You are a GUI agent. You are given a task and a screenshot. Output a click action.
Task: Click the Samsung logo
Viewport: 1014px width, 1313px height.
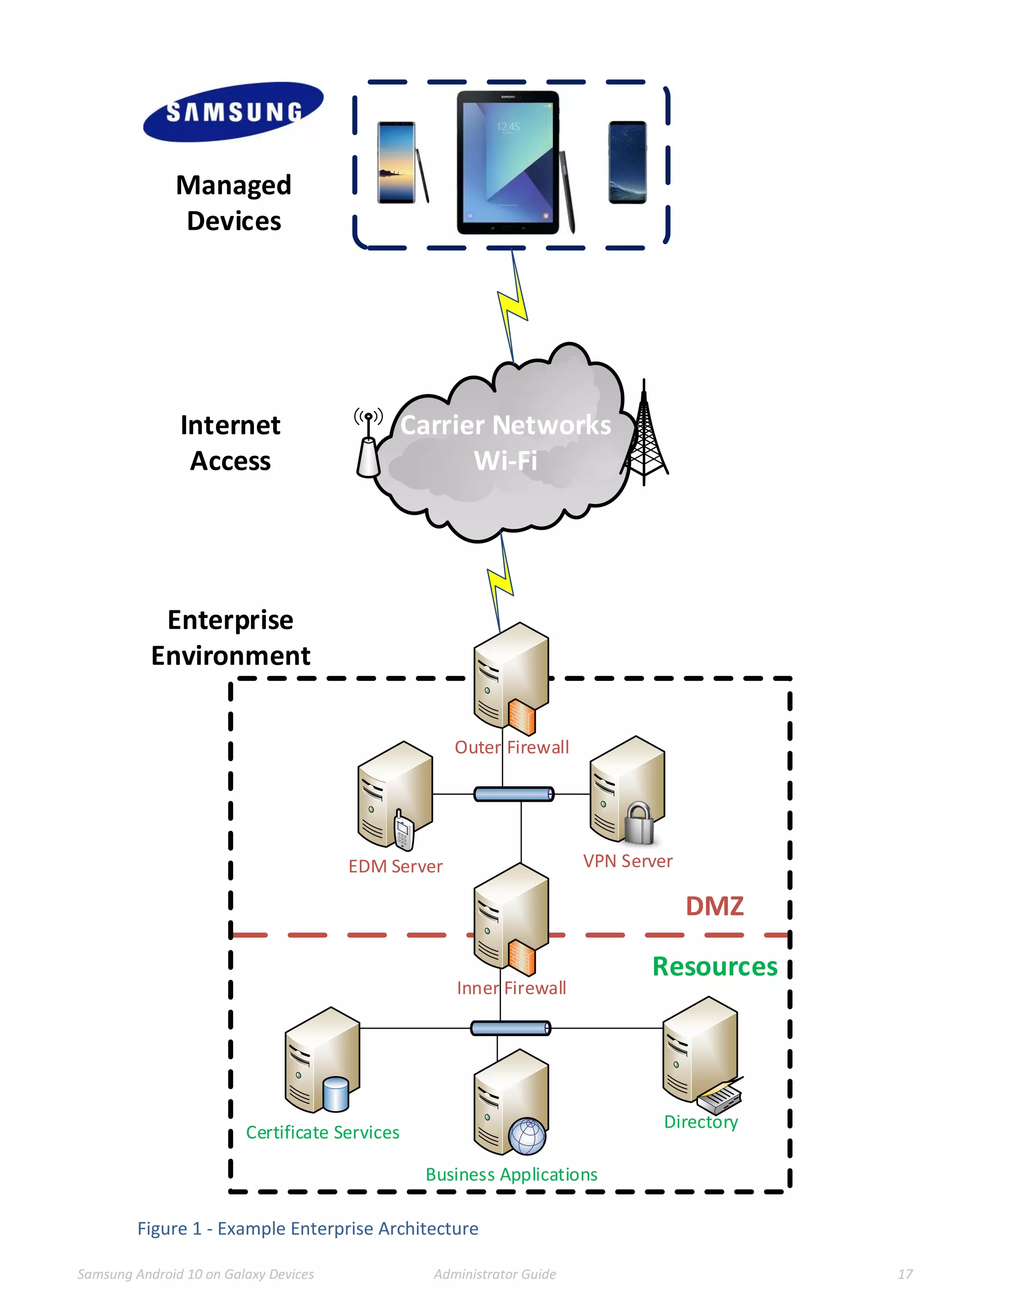click(x=233, y=112)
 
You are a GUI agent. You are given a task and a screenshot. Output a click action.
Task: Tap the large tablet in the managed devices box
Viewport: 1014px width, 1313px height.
click(x=508, y=163)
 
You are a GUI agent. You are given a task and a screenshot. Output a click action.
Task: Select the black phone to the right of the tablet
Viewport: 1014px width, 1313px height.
click(x=627, y=163)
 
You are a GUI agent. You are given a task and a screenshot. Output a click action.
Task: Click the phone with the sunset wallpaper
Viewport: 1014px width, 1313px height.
click(x=397, y=163)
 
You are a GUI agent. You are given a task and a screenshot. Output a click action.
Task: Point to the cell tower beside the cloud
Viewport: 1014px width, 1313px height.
click(x=645, y=436)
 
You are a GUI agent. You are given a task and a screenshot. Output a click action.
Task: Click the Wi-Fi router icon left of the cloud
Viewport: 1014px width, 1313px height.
click(x=368, y=445)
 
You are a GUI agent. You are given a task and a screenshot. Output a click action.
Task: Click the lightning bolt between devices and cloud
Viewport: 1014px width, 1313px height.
click(x=512, y=307)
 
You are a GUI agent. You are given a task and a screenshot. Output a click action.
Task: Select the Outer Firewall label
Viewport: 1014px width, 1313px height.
click(x=511, y=747)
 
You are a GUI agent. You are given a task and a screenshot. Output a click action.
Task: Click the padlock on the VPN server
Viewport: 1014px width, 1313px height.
click(x=639, y=823)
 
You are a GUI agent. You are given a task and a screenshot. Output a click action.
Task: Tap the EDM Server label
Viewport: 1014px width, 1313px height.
click(x=395, y=866)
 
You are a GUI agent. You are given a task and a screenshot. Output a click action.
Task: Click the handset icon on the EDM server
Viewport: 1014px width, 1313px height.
click(x=403, y=831)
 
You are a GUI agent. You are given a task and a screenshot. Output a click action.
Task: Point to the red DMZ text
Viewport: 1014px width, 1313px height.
click(x=714, y=906)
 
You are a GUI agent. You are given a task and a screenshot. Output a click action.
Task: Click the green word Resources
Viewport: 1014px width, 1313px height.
click(x=715, y=967)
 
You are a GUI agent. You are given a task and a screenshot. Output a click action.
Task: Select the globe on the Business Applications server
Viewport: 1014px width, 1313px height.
click(x=527, y=1136)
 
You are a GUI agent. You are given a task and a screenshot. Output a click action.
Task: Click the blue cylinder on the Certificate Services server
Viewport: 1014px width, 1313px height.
click(x=335, y=1094)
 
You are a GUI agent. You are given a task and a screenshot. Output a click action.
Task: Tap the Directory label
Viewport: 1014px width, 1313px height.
click(x=701, y=1122)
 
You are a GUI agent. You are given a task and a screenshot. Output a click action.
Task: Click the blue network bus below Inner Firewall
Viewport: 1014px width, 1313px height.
click(x=510, y=1028)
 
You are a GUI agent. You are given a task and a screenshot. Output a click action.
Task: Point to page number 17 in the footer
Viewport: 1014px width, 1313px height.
click(x=905, y=1274)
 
